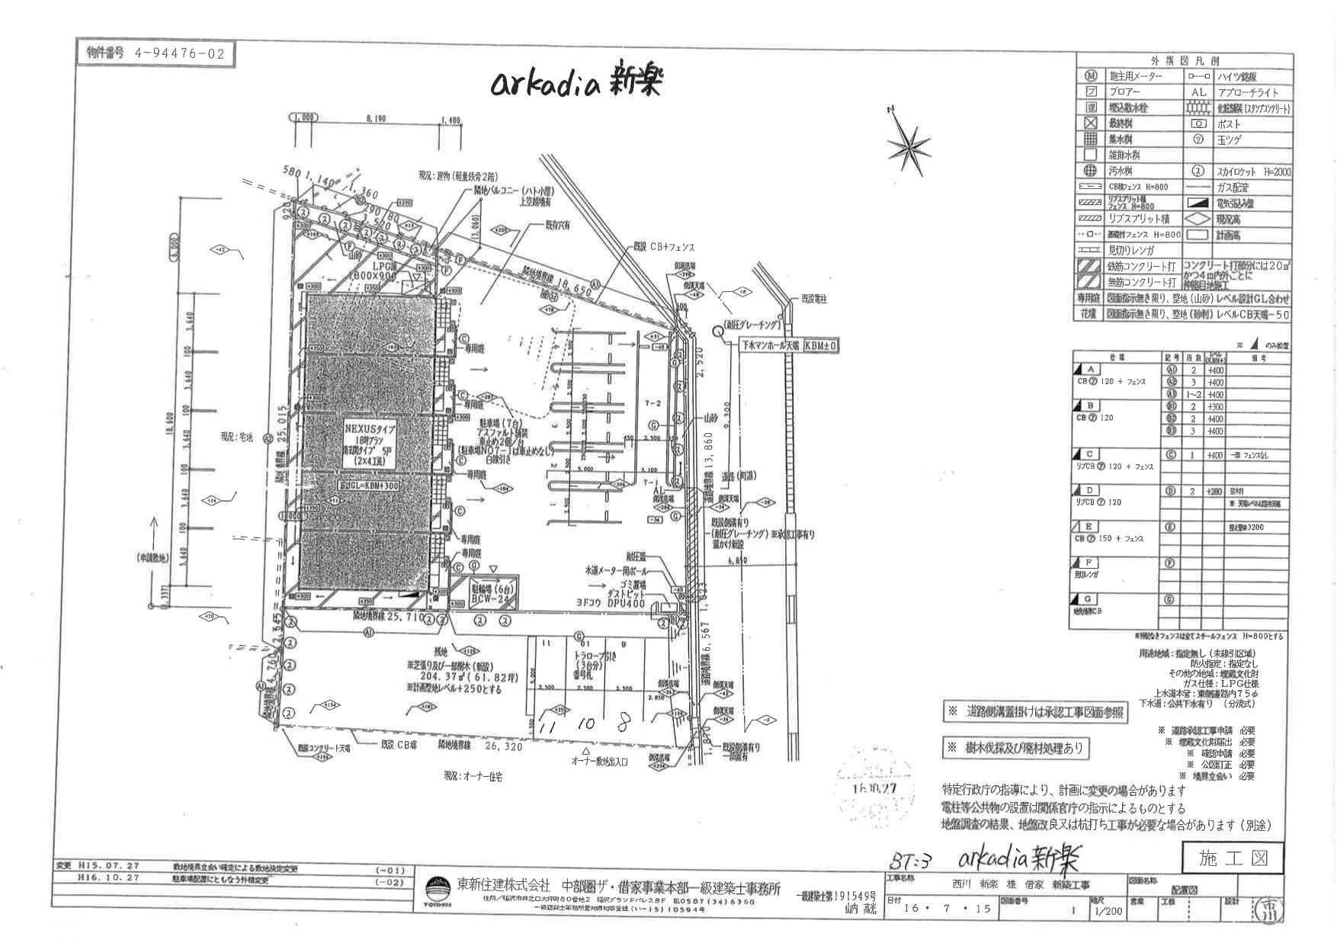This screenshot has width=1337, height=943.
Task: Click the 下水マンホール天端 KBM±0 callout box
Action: coord(791,345)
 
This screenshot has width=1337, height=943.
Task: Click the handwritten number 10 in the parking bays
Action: coord(585,724)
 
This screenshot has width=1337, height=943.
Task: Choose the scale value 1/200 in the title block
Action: coord(1108,911)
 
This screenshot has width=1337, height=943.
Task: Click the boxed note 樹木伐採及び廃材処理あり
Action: coord(1015,748)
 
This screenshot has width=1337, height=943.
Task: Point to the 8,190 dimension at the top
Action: coord(378,120)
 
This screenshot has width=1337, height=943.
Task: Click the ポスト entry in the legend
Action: coord(1229,123)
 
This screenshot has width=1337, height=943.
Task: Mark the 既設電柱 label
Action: coord(813,300)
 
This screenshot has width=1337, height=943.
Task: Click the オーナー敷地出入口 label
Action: coord(601,762)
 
